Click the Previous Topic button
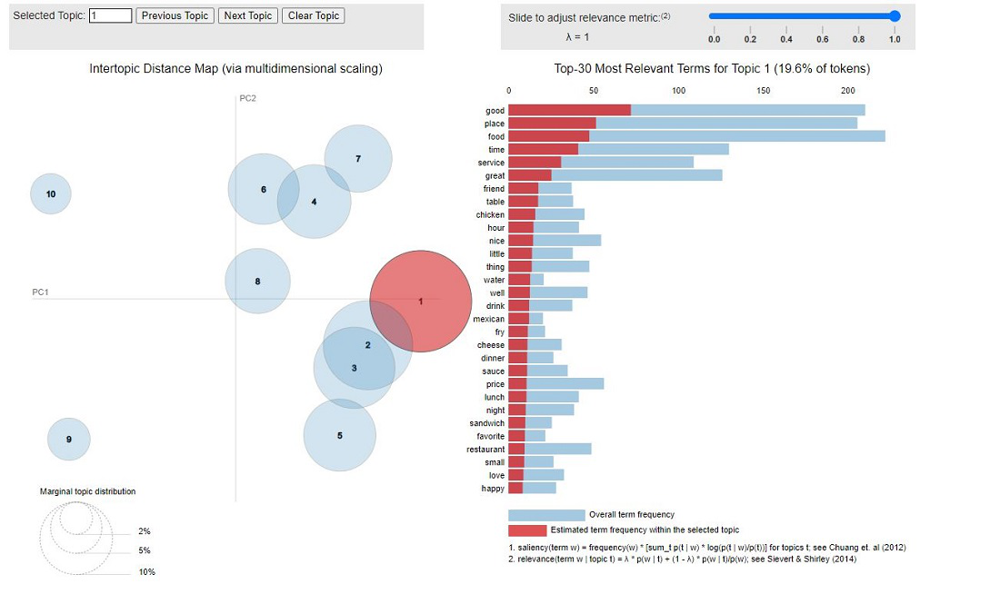[175, 15]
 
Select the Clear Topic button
[314, 15]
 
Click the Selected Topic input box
[111, 15]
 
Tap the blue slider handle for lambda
[895, 15]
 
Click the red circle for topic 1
[421, 301]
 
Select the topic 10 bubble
[51, 193]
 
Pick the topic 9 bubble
[69, 440]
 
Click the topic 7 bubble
[358, 159]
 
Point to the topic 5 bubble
[340, 435]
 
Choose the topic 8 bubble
[257, 282]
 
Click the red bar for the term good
[569, 110]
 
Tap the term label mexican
[489, 319]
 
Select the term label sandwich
[487, 423]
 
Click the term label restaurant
[485, 450]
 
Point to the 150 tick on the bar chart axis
[764, 90]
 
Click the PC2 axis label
[248, 98]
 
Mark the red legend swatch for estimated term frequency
[527, 530]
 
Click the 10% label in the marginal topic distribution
[146, 572]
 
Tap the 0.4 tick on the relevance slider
[786, 39]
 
